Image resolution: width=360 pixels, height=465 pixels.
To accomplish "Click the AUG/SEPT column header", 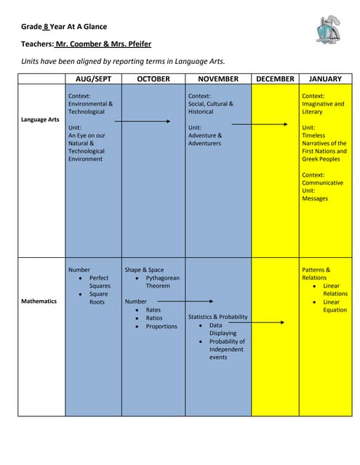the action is click(92, 78).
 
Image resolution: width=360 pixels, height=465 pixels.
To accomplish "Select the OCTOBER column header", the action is click(153, 78).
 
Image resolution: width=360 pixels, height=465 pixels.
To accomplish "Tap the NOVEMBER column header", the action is click(218, 78).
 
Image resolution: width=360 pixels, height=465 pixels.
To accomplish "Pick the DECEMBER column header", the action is click(275, 78).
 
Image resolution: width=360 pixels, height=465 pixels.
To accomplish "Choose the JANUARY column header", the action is click(325, 78).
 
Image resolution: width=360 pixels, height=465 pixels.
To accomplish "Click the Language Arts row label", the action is click(41, 119).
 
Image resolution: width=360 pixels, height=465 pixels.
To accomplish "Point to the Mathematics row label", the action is click(39, 301).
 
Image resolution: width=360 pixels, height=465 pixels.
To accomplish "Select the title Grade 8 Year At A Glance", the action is click(64, 27).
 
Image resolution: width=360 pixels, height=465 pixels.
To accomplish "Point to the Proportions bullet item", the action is click(161, 326).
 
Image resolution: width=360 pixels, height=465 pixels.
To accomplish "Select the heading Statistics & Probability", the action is click(217, 317).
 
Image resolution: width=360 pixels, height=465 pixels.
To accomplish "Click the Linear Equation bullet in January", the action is click(335, 306).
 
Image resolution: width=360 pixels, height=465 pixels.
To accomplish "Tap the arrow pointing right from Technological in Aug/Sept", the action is click(145, 121).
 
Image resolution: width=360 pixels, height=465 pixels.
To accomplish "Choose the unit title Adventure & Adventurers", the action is click(205, 139).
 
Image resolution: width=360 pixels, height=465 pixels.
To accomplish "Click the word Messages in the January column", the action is click(315, 198).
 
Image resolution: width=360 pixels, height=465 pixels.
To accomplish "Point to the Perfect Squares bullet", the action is click(100, 282).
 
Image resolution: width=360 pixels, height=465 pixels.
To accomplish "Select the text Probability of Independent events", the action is click(227, 349).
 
